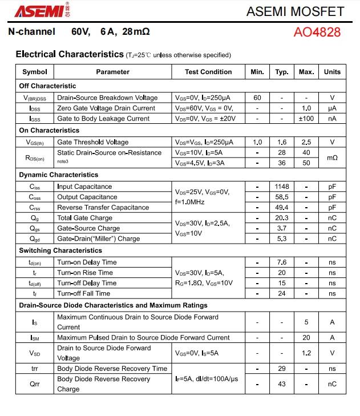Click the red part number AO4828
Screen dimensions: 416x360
(317, 32)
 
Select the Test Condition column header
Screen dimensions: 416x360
(208, 72)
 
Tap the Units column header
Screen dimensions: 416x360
(332, 72)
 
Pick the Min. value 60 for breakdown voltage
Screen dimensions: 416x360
(257, 98)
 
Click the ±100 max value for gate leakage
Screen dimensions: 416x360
(306, 119)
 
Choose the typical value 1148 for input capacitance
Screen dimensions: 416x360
(282, 187)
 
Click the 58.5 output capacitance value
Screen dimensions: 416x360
(282, 197)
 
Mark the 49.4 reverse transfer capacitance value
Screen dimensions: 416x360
(282, 208)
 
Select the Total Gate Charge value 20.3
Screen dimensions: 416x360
(282, 218)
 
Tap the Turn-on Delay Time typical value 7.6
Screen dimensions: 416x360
(282, 262)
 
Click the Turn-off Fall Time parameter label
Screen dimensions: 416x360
(83, 293)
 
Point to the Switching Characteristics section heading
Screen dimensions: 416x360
(60, 251)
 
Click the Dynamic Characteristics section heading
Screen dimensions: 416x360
(58, 175)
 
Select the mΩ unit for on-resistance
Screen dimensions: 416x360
(332, 158)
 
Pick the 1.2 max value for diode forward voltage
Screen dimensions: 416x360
(306, 353)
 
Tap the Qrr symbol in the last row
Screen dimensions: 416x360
(35, 384)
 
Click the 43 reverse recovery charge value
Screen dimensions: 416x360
(282, 384)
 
